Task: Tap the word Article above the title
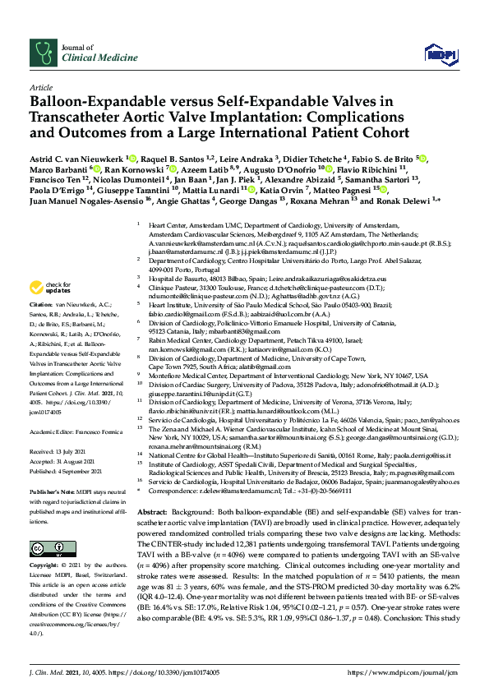pos(41,86)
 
